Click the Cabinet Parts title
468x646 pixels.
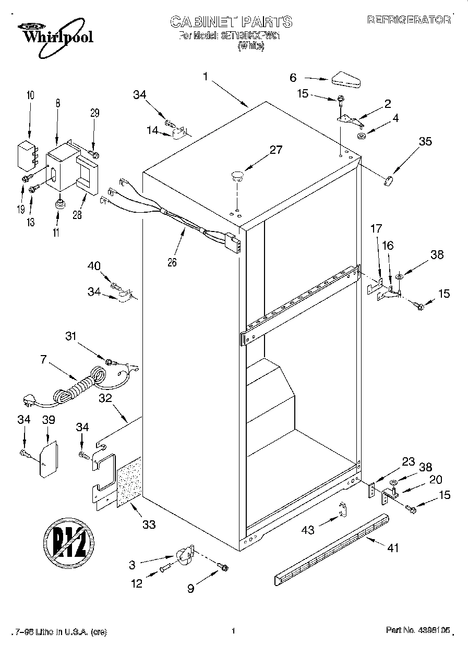pyautogui.click(x=231, y=21)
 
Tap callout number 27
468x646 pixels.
pyautogui.click(x=275, y=150)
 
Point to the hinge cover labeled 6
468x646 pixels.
pyautogui.click(x=346, y=80)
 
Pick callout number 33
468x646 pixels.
pyautogui.click(x=149, y=525)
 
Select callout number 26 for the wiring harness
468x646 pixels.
pyautogui.click(x=172, y=263)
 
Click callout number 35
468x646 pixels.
pyautogui.click(x=426, y=141)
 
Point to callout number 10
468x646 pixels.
pyautogui.click(x=30, y=95)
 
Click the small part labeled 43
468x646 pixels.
pyautogui.click(x=342, y=510)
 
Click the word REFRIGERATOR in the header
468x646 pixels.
pyautogui.click(x=409, y=20)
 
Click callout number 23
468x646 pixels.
pyautogui.click(x=408, y=461)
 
